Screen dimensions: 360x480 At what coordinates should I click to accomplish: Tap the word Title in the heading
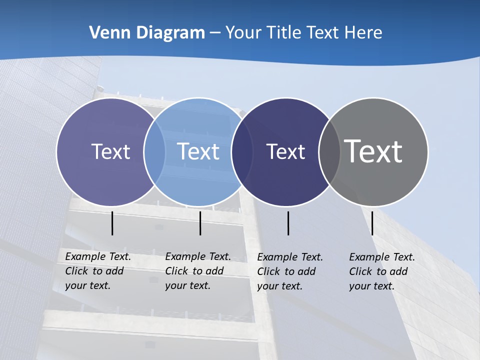283,32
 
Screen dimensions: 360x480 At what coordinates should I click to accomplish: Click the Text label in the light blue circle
198,151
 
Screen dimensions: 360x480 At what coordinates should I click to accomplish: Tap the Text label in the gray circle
373,151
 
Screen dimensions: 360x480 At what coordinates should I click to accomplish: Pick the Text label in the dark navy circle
285,151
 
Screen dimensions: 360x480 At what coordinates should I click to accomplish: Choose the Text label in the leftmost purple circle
110,151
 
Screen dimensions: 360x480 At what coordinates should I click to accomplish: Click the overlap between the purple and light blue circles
154,152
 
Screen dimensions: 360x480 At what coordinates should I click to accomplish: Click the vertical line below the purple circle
112,223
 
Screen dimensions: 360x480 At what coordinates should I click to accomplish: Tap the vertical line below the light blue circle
200,223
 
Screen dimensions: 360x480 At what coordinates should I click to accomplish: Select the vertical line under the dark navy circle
288,223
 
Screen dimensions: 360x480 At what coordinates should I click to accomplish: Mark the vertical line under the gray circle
372,223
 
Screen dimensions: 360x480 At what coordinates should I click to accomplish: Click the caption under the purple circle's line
98,271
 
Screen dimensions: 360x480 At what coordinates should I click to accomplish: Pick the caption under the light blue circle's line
198,271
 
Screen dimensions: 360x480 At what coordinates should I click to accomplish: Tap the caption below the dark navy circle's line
290,271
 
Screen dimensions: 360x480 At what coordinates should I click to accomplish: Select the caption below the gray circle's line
382,271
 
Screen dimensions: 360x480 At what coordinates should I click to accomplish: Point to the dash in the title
215,33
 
